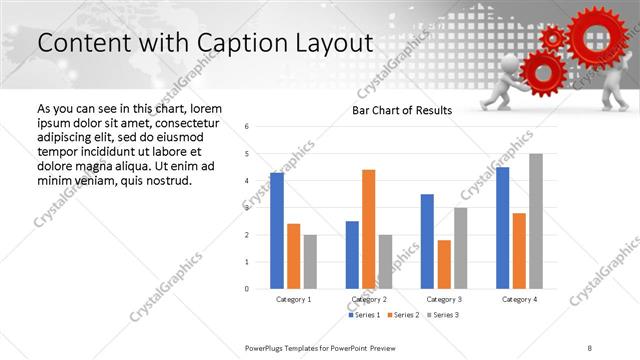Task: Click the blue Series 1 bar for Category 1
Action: (277, 231)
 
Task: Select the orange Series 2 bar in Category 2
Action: (368, 229)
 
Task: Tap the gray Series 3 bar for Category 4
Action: (536, 221)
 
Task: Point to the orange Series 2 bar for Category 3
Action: (444, 264)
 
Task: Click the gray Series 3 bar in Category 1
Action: (310, 262)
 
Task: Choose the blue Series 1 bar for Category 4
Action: (502, 228)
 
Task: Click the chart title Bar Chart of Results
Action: (402, 111)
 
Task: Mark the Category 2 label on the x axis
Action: (369, 299)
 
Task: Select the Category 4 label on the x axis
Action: (519, 299)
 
